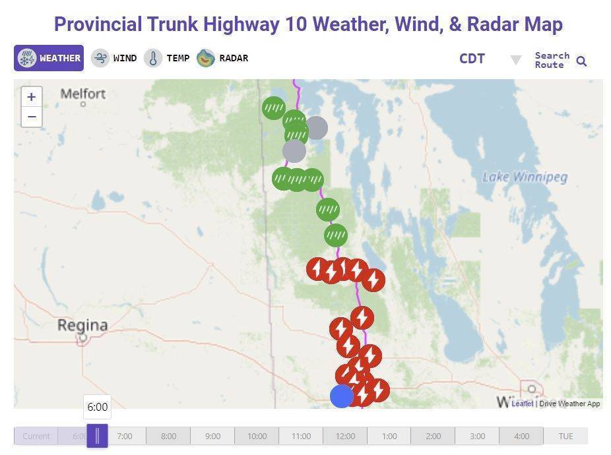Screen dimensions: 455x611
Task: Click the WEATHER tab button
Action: point(49,58)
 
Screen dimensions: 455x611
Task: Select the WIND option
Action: point(114,58)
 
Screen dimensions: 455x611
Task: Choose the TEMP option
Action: point(168,58)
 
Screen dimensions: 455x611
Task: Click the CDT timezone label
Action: point(472,59)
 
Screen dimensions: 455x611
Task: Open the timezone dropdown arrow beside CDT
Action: point(515,60)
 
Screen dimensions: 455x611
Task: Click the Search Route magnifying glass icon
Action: point(581,61)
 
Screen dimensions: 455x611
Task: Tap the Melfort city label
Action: point(83,94)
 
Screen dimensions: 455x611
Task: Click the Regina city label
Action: point(82,325)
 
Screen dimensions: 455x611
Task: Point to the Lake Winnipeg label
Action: point(525,177)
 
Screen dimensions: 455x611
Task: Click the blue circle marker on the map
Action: point(342,396)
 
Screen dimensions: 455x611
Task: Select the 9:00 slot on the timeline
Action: point(212,436)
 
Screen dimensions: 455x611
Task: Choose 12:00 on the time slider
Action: point(345,436)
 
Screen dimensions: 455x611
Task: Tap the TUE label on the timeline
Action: point(565,436)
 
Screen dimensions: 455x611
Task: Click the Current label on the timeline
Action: point(36,436)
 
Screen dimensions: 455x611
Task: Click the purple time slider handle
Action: point(97,436)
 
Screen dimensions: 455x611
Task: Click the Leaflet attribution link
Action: point(522,404)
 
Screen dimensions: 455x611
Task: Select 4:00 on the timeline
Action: point(521,436)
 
